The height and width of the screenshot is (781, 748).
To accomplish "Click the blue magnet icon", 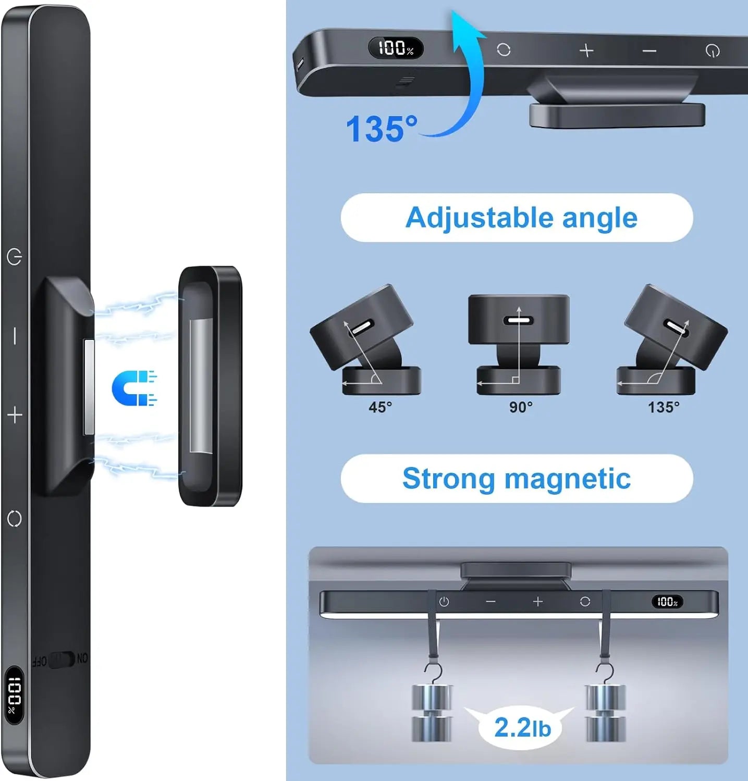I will coord(133,388).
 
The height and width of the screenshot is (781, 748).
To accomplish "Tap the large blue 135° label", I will coord(382,129).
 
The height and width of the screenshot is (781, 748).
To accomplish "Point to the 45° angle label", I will coord(380,407).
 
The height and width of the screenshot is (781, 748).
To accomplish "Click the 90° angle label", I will coord(521,407).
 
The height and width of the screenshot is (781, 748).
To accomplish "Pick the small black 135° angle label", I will coord(664,407).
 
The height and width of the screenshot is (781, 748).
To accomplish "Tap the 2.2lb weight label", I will coord(522,727).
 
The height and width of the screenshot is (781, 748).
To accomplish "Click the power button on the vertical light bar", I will coord(15,257).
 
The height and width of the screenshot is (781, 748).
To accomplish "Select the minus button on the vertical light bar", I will coord(15,336).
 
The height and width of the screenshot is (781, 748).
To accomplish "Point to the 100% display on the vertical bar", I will coord(14,695).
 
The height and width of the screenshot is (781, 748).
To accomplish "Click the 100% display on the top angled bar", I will coord(396,48).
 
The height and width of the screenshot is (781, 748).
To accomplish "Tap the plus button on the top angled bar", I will coord(586,51).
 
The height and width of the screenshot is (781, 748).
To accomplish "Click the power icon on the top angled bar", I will coord(713,51).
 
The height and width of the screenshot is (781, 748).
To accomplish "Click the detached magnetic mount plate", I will coord(210,386).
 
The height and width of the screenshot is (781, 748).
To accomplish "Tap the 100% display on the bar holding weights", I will coord(667,602).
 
